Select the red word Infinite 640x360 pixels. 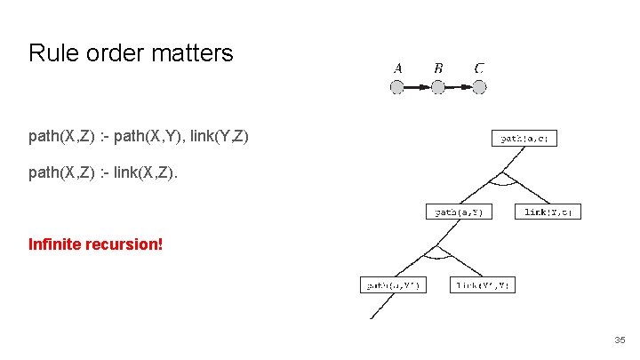coord(55,243)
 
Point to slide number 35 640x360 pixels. coord(619,340)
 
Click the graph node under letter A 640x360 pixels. coord(397,87)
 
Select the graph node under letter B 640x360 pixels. coord(438,87)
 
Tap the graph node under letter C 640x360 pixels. coord(479,87)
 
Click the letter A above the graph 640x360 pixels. coord(397,68)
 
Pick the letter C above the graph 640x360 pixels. coord(479,68)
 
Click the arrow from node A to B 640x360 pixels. coord(418,87)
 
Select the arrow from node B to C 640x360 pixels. coord(459,87)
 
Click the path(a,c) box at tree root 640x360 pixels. coord(524,138)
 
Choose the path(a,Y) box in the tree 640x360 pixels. coord(459,212)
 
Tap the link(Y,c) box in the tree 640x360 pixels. coord(548,212)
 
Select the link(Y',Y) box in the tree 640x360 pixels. coord(483,285)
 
